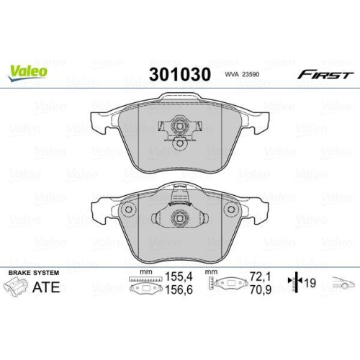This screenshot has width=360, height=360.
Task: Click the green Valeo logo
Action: pyautogui.click(x=29, y=71)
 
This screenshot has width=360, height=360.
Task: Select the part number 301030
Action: pyautogui.click(x=179, y=74)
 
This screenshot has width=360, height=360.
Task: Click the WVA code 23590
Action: pyautogui.click(x=243, y=75)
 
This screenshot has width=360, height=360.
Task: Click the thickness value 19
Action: pyautogui.click(x=310, y=283)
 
